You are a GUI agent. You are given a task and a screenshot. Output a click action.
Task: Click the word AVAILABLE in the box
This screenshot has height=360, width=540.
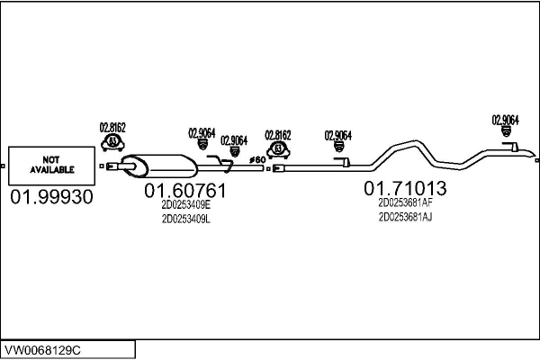(51, 168)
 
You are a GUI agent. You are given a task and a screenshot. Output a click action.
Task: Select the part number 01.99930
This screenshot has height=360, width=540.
(51, 197)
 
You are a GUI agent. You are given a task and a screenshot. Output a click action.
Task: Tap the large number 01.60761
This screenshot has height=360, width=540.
(185, 191)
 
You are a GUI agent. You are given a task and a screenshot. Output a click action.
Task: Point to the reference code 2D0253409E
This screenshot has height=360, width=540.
(185, 205)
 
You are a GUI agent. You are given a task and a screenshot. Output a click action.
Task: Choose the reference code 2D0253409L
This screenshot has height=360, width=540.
(185, 219)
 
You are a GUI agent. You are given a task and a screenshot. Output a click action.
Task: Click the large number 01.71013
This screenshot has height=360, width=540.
(405, 188)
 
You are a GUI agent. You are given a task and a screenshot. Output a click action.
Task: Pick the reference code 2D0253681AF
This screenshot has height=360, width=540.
(405, 202)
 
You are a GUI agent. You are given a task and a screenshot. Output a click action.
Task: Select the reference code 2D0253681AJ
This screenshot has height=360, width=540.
(405, 216)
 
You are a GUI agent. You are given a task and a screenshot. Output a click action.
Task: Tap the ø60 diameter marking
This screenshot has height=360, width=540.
(256, 159)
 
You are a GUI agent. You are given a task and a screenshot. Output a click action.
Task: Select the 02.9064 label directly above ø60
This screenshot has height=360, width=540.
(234, 139)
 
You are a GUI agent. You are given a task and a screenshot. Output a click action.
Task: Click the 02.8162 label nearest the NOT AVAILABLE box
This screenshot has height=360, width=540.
(112, 128)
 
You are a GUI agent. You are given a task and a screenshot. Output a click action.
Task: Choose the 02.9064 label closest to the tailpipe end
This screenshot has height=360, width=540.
(505, 120)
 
